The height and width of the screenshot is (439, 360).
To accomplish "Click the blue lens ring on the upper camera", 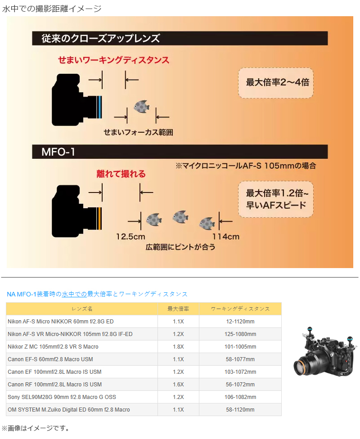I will click(x=99, y=107).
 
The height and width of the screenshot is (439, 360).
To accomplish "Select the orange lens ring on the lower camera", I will click(x=99, y=218).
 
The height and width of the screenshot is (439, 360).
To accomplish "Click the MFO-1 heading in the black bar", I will click(x=58, y=152).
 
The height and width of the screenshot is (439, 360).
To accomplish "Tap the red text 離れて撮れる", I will click(x=121, y=174).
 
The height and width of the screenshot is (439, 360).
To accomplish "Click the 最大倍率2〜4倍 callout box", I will click(x=275, y=83).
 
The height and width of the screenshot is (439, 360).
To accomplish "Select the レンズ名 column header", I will click(x=82, y=309).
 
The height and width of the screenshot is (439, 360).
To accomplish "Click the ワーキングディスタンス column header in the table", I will click(x=240, y=309).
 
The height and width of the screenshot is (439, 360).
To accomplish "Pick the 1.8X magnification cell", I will click(x=178, y=347).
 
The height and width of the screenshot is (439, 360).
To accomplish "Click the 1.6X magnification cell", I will click(x=178, y=385).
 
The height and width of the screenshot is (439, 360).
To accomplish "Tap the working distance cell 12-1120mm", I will click(x=240, y=322).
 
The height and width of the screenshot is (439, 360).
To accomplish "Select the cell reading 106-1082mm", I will click(x=240, y=397).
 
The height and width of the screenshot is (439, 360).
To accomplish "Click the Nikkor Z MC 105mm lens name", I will click(x=53, y=347).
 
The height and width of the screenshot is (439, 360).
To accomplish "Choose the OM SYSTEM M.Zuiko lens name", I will click(x=69, y=410).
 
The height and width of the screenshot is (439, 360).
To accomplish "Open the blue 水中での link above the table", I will click(x=74, y=294).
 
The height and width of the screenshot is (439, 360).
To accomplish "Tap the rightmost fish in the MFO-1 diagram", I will click(x=207, y=223).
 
